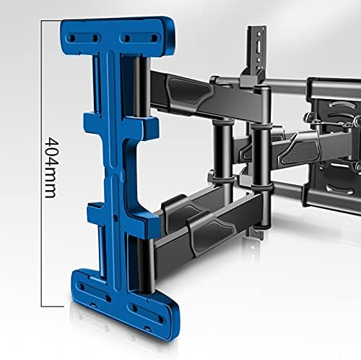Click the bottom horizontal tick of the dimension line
(x=54, y=305)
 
